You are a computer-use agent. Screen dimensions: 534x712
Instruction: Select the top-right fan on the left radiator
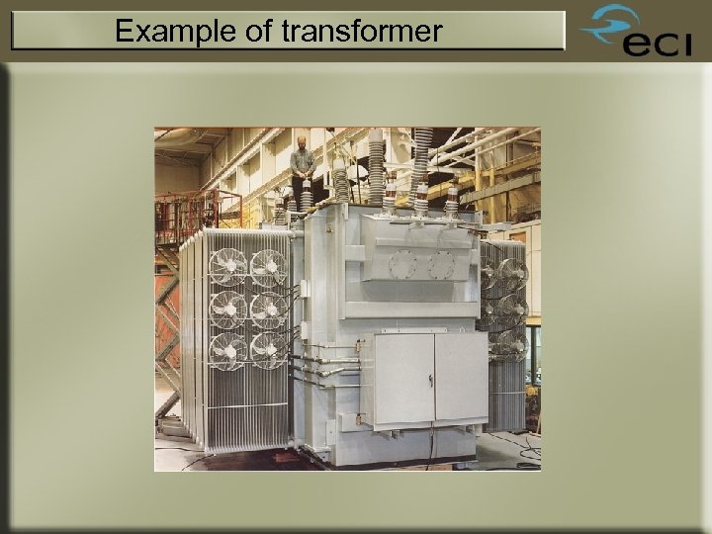(x=267, y=266)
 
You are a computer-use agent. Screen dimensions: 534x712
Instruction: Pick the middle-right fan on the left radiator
(x=267, y=309)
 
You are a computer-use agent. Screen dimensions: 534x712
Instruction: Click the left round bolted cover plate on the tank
(x=403, y=264)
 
